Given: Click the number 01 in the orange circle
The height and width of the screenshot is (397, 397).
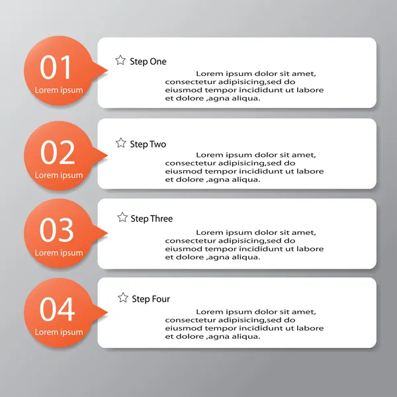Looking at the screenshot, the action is (x=55, y=67).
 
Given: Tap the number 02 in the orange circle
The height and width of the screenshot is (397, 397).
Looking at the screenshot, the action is (x=58, y=152).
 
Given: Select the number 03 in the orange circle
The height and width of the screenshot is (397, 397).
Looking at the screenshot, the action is (x=57, y=230).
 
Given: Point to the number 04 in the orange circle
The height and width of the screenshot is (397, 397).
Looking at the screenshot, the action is (x=57, y=309).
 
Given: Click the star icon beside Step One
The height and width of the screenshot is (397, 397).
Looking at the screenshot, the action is (x=120, y=60).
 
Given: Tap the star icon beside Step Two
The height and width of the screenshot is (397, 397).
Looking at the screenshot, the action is (x=121, y=143).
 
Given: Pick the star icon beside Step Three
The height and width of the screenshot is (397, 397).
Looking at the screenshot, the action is (x=122, y=217).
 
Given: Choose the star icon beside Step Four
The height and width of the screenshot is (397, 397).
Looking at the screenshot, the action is (x=123, y=298).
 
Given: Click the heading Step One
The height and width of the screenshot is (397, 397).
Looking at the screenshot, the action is (x=148, y=62).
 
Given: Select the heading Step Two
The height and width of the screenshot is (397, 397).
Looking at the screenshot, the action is (x=148, y=144).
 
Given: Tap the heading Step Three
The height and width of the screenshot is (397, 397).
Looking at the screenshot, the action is (x=152, y=218).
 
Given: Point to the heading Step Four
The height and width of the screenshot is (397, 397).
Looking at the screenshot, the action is (x=151, y=299).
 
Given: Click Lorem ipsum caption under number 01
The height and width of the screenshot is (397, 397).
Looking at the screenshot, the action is (x=59, y=90).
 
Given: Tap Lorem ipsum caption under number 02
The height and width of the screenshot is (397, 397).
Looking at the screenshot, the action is (x=59, y=175).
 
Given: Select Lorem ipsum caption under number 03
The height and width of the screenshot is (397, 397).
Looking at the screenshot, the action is (x=59, y=253).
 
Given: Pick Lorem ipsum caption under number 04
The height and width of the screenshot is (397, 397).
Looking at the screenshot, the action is (x=59, y=332).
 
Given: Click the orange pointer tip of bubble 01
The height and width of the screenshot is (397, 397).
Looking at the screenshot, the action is (x=108, y=71).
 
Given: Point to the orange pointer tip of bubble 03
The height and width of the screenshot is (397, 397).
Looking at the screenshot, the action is (x=108, y=233).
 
